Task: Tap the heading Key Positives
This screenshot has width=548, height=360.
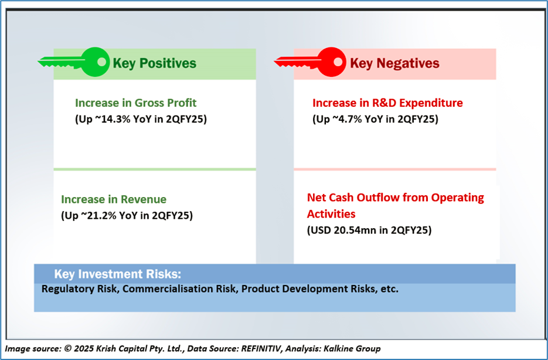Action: pyautogui.click(x=155, y=63)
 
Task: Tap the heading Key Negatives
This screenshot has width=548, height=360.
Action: pyautogui.click(x=394, y=63)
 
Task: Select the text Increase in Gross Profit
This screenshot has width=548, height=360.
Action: pyautogui.click(x=135, y=103)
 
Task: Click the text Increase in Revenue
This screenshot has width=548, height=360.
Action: pyautogui.click(x=114, y=199)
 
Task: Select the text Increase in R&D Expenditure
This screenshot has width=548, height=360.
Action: pyautogui.click(x=387, y=103)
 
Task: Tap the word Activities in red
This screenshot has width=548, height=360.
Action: pyautogui.click(x=331, y=214)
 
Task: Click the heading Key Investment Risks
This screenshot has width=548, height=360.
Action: pyautogui.click(x=118, y=274)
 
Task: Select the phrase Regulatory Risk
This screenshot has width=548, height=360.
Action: pyautogui.click(x=79, y=289)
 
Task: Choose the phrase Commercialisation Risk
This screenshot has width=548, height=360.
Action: pyautogui.click(x=179, y=289)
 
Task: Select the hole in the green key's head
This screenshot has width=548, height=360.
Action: pyautogui.click(x=102, y=62)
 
